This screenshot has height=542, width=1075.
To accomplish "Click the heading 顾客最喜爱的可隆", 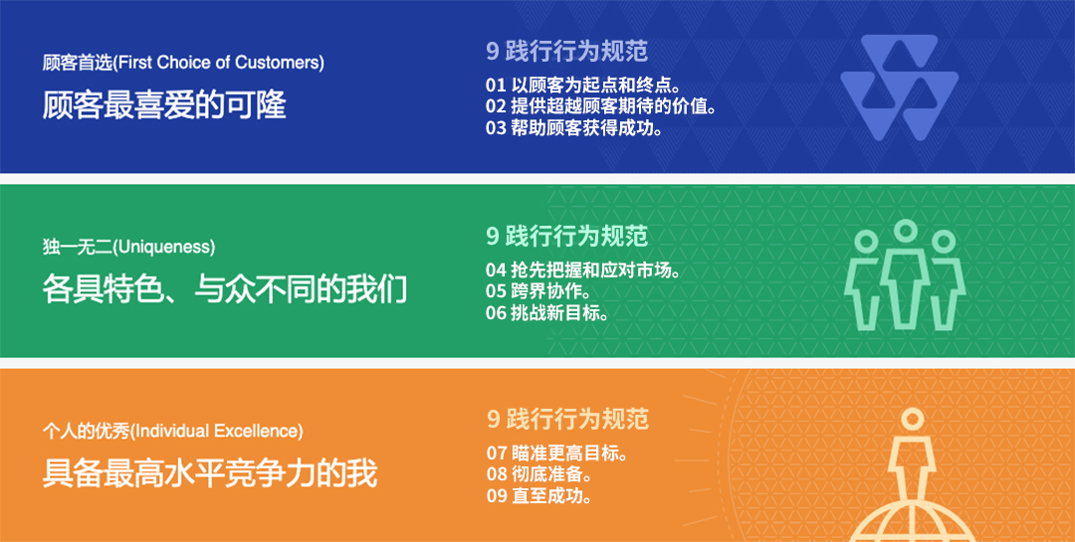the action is tap(164, 105).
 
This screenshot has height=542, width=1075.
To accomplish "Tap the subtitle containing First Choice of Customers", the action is tap(183, 63).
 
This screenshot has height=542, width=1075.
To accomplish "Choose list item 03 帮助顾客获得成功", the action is tap(574, 127).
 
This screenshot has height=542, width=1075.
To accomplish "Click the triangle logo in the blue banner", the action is tap(900, 88).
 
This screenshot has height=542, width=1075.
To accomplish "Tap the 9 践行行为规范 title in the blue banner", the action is tap(567, 51).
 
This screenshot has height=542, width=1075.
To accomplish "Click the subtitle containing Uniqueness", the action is tap(128, 248).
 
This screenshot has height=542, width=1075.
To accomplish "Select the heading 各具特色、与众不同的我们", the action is tap(225, 289).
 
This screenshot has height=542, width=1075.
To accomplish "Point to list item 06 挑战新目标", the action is tap(547, 312).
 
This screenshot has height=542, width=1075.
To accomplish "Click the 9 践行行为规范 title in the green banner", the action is tap(567, 235).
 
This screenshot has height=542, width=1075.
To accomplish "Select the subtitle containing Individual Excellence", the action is tap(173, 432).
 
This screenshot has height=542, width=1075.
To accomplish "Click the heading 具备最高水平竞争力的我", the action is tap(210, 474).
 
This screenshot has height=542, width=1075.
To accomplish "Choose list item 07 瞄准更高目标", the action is tap(556, 452).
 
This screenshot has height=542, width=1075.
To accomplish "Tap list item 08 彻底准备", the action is tap(538, 474).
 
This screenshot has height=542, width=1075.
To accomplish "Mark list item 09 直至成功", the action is tap(538, 495).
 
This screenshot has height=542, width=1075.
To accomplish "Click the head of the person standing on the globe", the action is tap(913, 418).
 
